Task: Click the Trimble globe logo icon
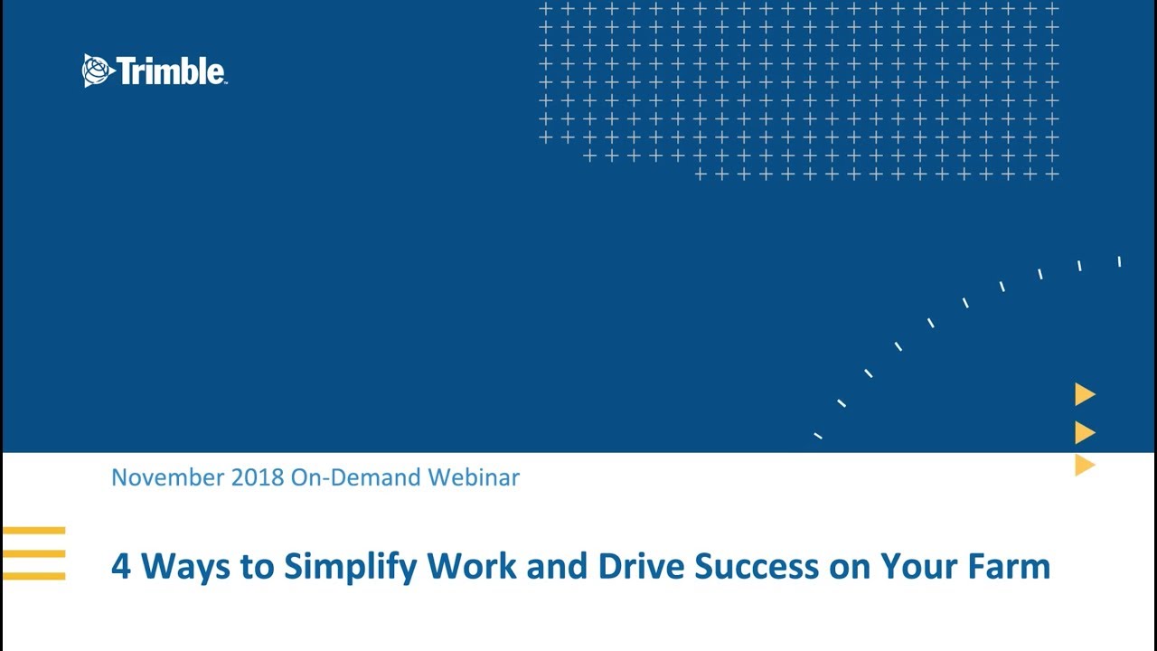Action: point(98,71)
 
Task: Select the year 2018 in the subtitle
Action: point(258,477)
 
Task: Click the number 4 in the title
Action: point(120,567)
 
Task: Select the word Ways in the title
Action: point(185,567)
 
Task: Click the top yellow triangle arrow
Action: point(1084,394)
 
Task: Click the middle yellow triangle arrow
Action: point(1084,432)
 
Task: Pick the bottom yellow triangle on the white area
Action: point(1084,465)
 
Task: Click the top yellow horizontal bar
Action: point(34,531)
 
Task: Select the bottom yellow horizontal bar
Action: point(34,575)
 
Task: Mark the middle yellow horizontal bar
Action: point(34,552)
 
